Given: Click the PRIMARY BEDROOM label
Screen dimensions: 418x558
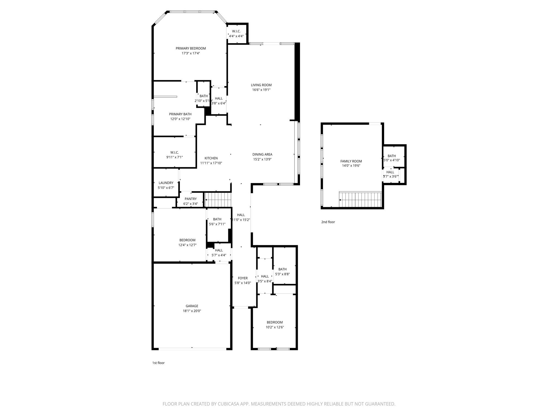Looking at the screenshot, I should pos(190,48).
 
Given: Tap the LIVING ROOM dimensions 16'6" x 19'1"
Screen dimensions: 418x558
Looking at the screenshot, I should pos(261,90).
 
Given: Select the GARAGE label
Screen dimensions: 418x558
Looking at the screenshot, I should pos(192,306).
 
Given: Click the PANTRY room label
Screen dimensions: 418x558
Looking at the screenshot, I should pos(190,199).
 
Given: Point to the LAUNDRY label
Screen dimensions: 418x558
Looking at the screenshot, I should pos(166,183).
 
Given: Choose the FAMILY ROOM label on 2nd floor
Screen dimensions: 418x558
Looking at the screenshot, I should pos(351,161).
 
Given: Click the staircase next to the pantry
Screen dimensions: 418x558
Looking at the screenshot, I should pos(218,200).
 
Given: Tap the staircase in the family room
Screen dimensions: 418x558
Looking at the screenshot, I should pos(360,199).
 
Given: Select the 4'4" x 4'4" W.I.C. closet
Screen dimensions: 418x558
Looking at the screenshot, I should pos(236,34).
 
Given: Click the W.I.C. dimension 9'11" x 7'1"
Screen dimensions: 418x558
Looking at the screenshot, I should pos(174,157).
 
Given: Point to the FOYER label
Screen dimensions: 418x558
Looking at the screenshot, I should pos(242,278).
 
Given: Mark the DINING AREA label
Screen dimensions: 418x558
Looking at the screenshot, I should pos(262,155).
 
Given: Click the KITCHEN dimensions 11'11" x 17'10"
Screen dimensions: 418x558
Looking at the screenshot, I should pos(211,163).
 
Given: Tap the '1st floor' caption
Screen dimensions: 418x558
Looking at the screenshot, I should pos(158,363).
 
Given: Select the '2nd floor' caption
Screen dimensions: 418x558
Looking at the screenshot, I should pos(328,222).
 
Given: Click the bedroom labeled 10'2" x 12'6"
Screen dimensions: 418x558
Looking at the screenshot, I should pos(275,325).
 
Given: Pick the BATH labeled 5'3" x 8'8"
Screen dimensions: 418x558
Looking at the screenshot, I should pos(282,272).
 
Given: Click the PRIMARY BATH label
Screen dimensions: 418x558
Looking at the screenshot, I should pos(180,114).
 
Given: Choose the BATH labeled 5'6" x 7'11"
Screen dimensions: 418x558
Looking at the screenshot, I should pos(217,222).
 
